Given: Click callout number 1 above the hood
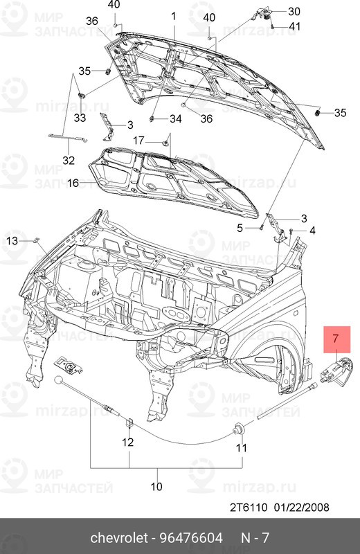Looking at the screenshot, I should (x=174, y=15).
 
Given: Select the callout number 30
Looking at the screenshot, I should (x=294, y=11).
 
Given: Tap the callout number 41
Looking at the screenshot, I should (x=295, y=26).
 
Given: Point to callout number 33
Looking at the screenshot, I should (x=80, y=118).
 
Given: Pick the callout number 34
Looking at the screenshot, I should (x=175, y=119).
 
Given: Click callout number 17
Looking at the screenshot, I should (x=138, y=139).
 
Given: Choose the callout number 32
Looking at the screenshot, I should (x=67, y=161).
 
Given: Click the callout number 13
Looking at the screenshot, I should (x=12, y=240).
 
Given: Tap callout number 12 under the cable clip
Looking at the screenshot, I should (x=129, y=442).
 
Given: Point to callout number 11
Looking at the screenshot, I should (x=241, y=448).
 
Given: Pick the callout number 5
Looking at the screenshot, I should (x=240, y=228).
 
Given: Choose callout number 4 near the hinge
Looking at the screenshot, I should (x=312, y=230).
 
